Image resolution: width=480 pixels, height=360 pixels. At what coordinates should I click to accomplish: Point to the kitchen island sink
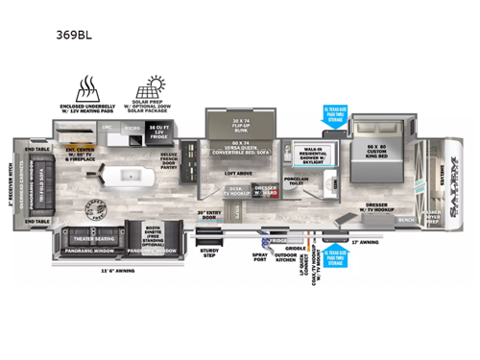click(134, 179)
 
